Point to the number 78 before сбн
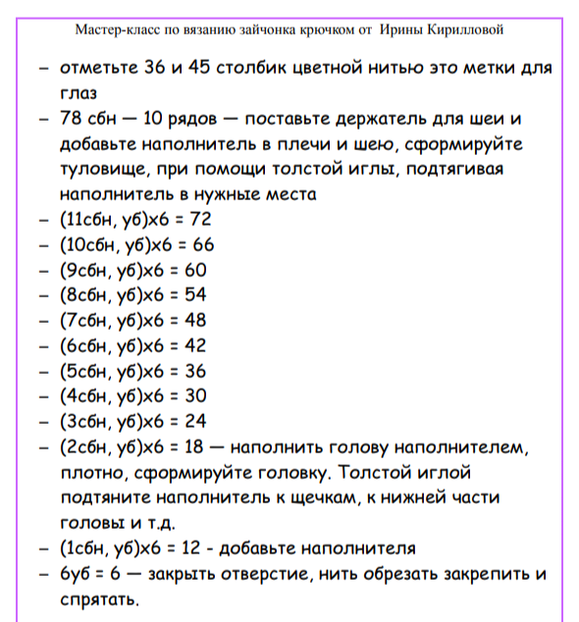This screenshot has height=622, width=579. [x=72, y=120]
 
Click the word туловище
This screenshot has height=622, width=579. [x=101, y=170]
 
